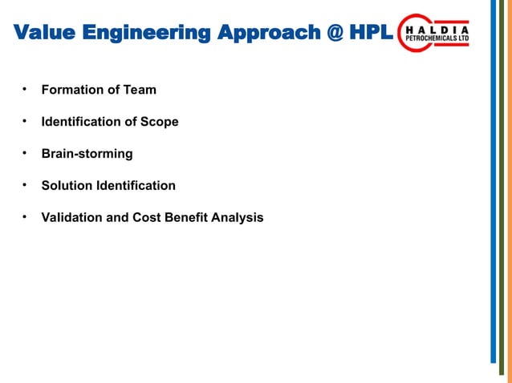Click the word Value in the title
[45, 34]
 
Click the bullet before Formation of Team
[25, 89]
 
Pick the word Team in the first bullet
[140, 90]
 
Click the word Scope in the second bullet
[160, 122]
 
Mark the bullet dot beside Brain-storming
[25, 153]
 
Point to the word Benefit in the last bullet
[186, 217]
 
